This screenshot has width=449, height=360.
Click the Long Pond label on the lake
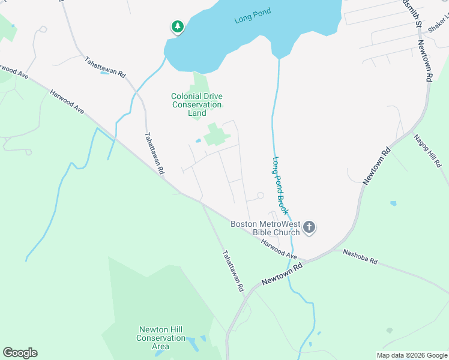pyautogui.click(x=253, y=16)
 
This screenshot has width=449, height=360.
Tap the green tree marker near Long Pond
pyautogui.click(x=177, y=26)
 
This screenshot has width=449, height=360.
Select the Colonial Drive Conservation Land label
pyautogui.click(x=196, y=104)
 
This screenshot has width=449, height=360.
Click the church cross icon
pyautogui.click(x=309, y=227)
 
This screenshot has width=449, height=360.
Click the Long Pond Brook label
pyautogui.click(x=281, y=187)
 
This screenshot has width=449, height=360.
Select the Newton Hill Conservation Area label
pyautogui.click(x=161, y=338)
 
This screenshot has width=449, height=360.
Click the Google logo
pyautogui.click(x=20, y=353)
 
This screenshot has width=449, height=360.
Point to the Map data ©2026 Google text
pyautogui.click(x=411, y=355)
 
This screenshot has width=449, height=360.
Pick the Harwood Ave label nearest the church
pyautogui.click(x=279, y=249)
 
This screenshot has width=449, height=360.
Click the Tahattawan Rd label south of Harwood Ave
pyautogui.click(x=233, y=271)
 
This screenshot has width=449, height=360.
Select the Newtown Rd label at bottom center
pyautogui.click(x=280, y=274)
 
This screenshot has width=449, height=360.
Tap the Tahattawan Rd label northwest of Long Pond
pyautogui.click(x=105, y=67)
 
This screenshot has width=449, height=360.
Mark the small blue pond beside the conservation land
pyautogui.click(x=198, y=142)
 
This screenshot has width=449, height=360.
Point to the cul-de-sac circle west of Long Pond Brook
pyautogui.click(x=261, y=196)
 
